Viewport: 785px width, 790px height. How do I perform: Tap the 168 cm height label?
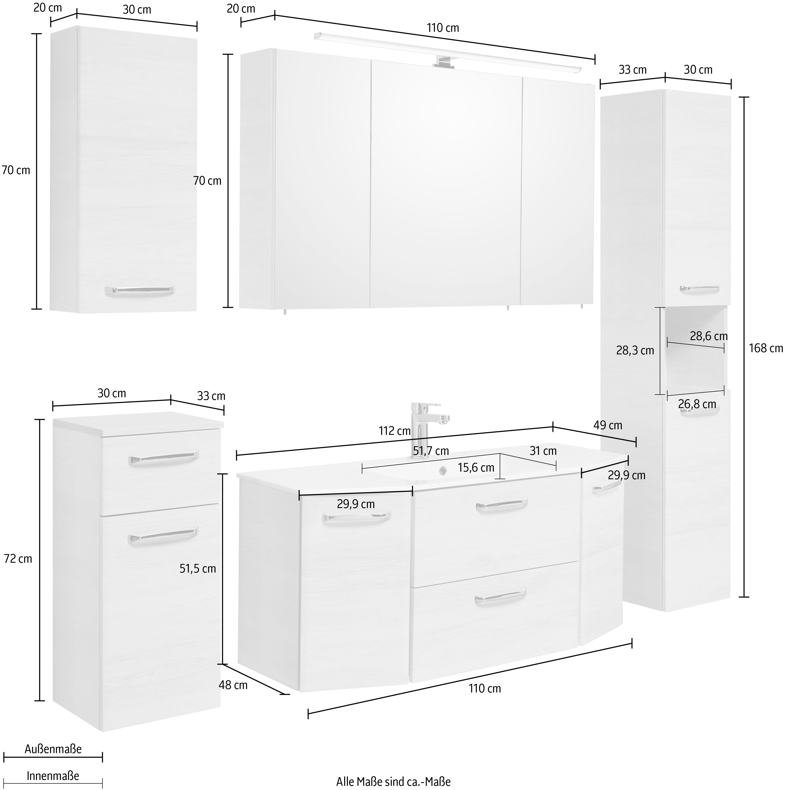coord(766,348)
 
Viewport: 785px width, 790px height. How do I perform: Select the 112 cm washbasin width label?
coord(394,430)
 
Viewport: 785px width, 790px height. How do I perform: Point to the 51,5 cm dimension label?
coord(198,568)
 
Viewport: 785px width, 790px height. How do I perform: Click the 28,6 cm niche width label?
coord(709,336)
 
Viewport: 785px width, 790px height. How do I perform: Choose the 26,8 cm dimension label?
coord(697,404)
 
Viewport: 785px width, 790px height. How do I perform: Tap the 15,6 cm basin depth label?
coord(476,467)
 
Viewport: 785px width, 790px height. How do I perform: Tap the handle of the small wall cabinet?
coord(139,290)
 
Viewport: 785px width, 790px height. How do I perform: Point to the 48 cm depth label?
coord(233,685)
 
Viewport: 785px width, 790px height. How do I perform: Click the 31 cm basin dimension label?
coord(543,451)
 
